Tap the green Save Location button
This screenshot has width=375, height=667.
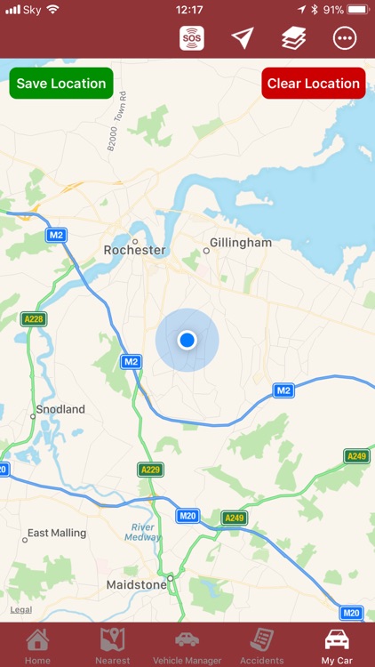61,84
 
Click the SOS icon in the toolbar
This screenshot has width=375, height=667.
192,37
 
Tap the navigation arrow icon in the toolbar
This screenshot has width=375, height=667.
243,37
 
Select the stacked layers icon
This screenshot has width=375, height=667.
293,37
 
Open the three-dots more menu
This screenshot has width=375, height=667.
344,37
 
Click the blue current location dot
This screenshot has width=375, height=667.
187,340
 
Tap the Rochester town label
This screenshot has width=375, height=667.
135,250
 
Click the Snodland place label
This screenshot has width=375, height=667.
60,409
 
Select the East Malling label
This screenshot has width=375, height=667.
57,533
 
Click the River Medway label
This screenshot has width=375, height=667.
142,531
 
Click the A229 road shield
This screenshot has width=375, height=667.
151,469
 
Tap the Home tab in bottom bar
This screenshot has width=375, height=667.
37,646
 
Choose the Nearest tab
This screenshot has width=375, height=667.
113,646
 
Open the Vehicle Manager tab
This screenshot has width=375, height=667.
187,646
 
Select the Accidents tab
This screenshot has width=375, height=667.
261,646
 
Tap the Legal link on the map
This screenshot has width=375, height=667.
21,609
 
